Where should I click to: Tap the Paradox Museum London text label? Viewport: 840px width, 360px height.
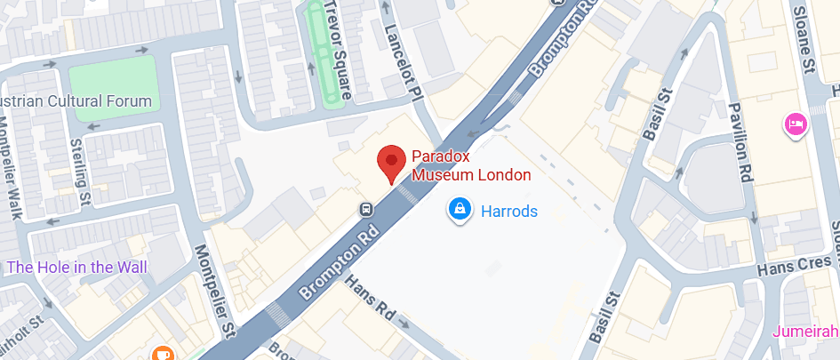coord(470,166)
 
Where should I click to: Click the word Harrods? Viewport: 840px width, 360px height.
coord(508,212)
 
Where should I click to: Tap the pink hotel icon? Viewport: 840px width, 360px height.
coord(794,124)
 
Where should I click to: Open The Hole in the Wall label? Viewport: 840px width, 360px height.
coord(76,267)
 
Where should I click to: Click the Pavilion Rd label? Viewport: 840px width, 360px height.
coord(740,143)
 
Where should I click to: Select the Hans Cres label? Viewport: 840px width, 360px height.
coord(797,267)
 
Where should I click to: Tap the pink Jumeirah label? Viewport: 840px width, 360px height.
coord(805,331)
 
